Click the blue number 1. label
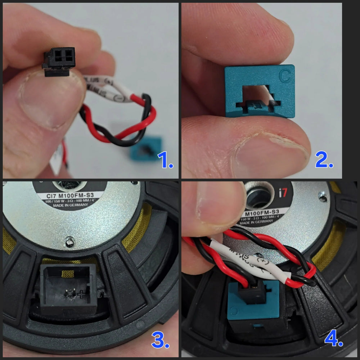(165, 161)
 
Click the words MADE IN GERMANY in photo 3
(70, 206)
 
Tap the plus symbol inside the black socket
(82, 294)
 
